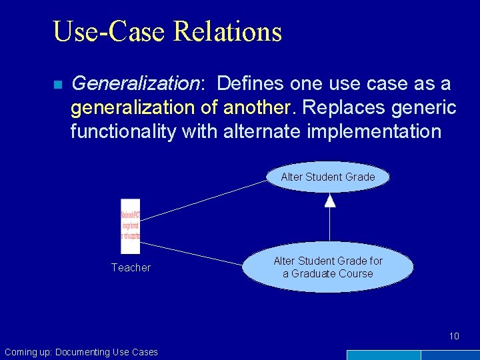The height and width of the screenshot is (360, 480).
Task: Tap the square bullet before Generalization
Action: pos(57,85)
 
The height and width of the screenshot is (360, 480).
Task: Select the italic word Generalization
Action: pos(135,84)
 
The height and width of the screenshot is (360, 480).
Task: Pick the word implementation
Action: pos(374,131)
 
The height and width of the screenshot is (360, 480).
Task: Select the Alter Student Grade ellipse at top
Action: pos(327,177)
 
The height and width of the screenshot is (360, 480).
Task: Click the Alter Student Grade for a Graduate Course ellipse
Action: pos(327,267)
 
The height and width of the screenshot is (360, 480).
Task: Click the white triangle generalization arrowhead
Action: pos(329,200)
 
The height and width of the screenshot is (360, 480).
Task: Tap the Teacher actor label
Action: pos(131,268)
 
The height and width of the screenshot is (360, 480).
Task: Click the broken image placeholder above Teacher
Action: pos(131,226)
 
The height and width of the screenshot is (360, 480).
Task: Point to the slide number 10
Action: pos(454,336)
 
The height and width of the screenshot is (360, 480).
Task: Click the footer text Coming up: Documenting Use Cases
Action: pos(81,352)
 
